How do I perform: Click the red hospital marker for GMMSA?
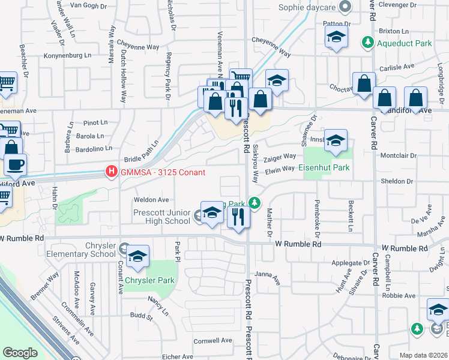[111, 172]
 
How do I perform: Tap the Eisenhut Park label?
[324, 168]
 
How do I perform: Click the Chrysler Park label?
[150, 280]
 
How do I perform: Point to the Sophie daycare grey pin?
[345, 7]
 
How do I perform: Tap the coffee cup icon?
[15, 164]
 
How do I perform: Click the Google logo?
[20, 353]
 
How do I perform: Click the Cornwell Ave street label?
[212, 340]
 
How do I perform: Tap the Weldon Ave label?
[151, 199]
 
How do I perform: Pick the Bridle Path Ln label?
[141, 152]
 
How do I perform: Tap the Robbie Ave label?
[399, 295]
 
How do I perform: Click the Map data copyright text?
[423, 355]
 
